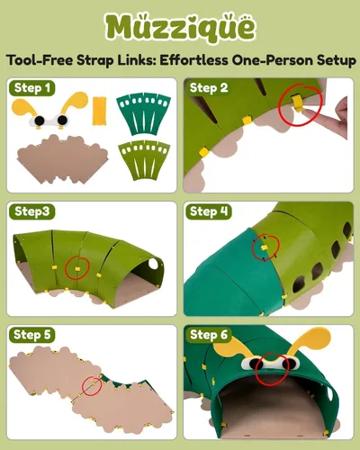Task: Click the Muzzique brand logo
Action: point(180,28)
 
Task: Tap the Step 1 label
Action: point(32,88)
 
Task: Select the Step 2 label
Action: point(209,88)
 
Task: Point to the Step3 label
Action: point(32,211)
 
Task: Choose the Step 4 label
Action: point(209,211)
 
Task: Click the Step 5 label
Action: point(32,335)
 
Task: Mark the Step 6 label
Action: point(209,335)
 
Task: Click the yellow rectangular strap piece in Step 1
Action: point(99,111)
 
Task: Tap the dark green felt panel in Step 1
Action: point(143,113)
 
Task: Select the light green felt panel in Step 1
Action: point(144,160)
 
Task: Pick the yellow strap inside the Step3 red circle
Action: point(76,268)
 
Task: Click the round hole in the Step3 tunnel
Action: point(153,264)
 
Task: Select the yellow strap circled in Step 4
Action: point(264,247)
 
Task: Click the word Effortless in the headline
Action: point(193,60)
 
